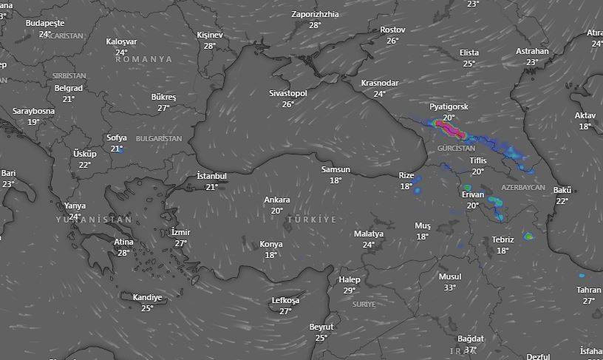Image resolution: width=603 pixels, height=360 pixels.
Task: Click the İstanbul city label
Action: click(211, 176)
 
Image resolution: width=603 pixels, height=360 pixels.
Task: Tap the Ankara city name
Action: click(277, 200)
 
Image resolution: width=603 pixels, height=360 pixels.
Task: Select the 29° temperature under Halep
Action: click(350, 291)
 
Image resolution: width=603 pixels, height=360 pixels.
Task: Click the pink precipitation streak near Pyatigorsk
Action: click(450, 129)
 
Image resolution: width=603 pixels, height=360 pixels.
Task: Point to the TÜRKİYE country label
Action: click(311, 220)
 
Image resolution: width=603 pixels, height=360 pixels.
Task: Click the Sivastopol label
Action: click(287, 94)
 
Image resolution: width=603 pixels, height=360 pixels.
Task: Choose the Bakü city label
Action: click(562, 191)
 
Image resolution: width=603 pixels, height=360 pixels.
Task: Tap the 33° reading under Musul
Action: click(449, 288)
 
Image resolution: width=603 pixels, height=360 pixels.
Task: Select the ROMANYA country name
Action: click(143, 59)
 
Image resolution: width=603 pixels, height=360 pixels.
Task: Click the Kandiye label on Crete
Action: click(147, 298)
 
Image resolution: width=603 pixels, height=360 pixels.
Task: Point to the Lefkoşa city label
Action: click(285, 301)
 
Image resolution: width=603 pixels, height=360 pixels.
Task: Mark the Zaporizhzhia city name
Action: click(316, 14)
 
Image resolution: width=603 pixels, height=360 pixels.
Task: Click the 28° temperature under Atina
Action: click(123, 253)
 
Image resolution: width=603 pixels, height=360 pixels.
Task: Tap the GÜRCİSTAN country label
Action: click(456, 149)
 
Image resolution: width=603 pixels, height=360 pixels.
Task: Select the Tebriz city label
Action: click(502, 240)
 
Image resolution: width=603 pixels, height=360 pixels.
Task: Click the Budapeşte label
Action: click(45, 23)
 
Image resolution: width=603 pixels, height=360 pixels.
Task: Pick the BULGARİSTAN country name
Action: click(158, 139)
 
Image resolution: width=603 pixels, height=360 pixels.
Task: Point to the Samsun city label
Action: click(335, 170)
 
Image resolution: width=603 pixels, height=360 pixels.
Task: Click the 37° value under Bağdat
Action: click(470, 350)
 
